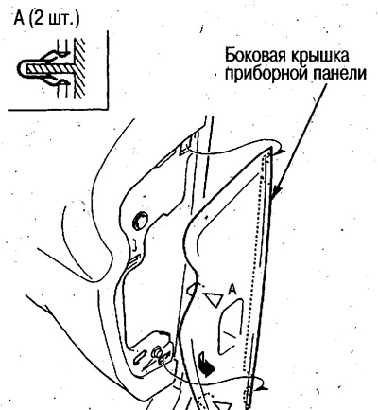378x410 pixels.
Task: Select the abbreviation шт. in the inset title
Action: (61, 20)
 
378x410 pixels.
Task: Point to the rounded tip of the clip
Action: (19, 68)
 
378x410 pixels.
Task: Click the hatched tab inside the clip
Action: (49, 68)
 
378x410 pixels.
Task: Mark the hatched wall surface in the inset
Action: (78, 68)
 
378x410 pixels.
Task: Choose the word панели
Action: (339, 75)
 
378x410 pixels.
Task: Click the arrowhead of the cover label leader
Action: (276, 192)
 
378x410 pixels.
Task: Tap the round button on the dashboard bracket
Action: (140, 220)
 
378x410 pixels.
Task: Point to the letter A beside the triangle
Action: (232, 290)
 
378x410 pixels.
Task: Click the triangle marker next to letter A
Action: (215, 300)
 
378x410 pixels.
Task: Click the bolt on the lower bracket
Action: (156, 351)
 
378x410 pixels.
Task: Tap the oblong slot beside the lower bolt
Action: (139, 358)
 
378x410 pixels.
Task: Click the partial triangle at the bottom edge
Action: (222, 405)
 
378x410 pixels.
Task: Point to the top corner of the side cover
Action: (270, 148)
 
